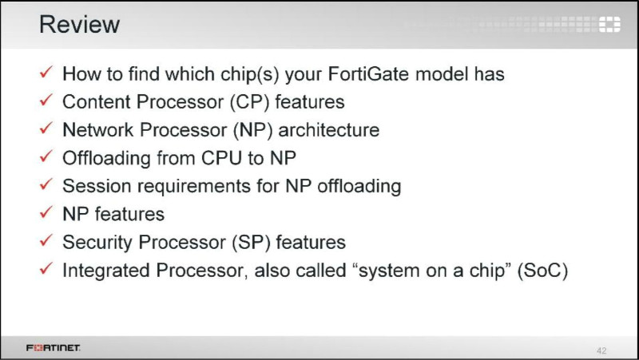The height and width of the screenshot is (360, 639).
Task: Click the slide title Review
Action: click(x=79, y=25)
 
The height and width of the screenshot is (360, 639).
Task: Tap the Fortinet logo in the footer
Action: click(x=54, y=348)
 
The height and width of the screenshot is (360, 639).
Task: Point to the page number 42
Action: click(x=601, y=350)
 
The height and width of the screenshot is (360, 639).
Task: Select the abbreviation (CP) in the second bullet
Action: click(x=250, y=102)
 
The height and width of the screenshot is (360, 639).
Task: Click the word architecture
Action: click(x=329, y=130)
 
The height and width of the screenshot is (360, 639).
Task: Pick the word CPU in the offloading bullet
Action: click(x=222, y=158)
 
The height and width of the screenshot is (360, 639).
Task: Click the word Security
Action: click(x=97, y=243)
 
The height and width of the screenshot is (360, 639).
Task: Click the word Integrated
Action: click(x=106, y=271)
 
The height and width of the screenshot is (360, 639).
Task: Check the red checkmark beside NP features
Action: click(x=46, y=212)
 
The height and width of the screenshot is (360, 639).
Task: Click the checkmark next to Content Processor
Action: click(x=46, y=100)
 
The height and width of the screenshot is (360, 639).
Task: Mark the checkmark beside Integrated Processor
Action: click(x=46, y=268)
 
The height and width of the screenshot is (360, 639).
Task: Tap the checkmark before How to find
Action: click(x=46, y=72)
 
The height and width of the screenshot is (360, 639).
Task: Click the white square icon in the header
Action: click(x=609, y=25)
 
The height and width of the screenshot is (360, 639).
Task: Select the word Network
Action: click(x=98, y=130)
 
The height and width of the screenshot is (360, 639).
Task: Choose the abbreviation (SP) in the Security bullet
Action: click(x=252, y=243)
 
